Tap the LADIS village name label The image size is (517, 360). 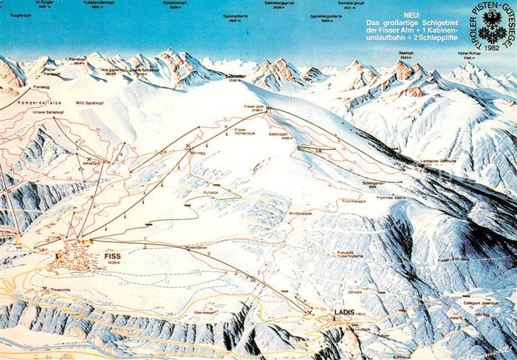(x=345, y=311)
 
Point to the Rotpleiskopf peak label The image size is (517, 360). (x=174, y=4)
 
